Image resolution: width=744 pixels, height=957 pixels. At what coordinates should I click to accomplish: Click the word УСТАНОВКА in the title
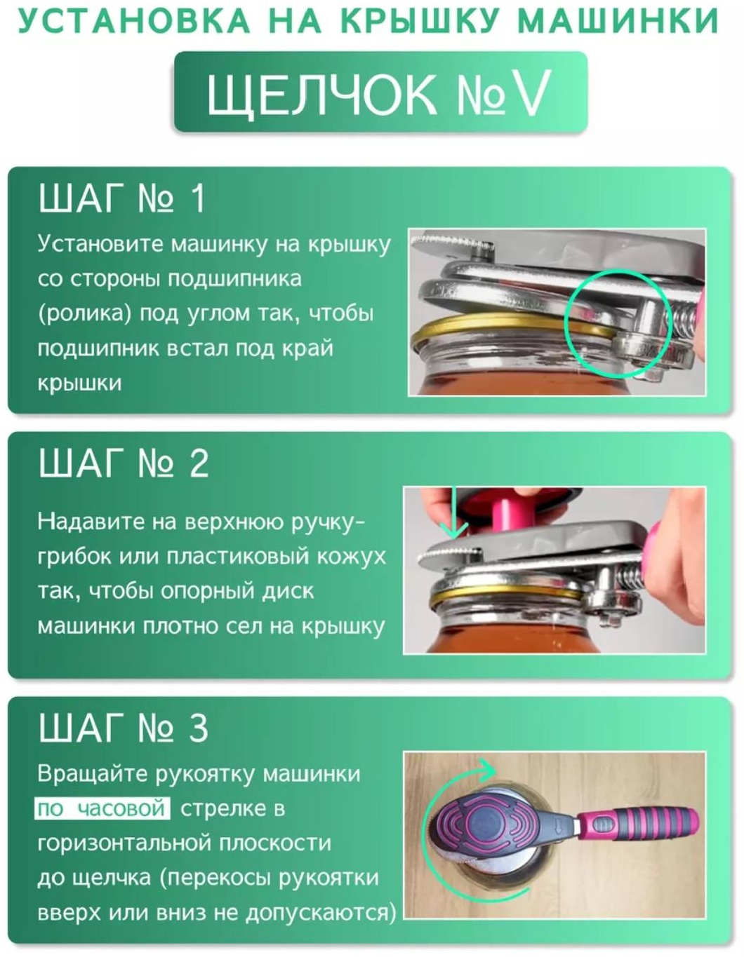coord(134,20)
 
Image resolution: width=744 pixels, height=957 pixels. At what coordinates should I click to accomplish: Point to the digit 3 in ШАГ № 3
coord(199,728)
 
